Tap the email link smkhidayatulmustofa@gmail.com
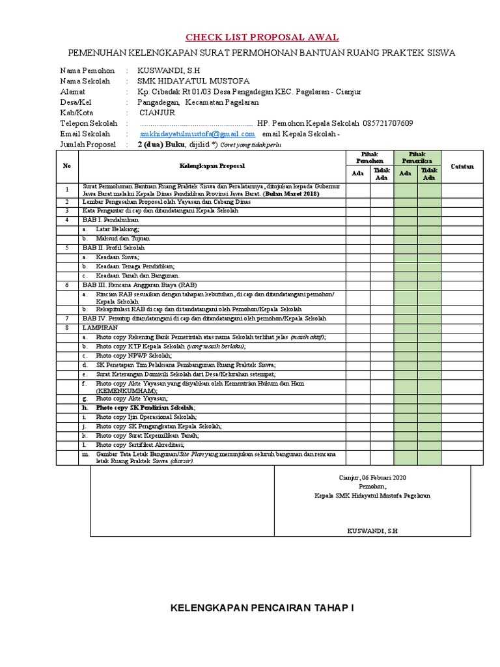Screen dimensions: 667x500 click(197, 134)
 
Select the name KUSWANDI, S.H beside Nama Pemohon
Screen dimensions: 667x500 click(169, 70)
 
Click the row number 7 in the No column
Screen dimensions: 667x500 click(67, 318)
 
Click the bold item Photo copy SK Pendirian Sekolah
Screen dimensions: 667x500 click(145, 407)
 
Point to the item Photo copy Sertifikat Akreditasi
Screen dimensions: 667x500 click(139, 444)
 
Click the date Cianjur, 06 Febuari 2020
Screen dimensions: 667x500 click(372, 477)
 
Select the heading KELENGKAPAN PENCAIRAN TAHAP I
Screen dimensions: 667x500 click(262, 608)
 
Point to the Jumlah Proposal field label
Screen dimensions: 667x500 click(87, 144)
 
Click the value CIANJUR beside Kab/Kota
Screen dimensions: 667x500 click(160, 113)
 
